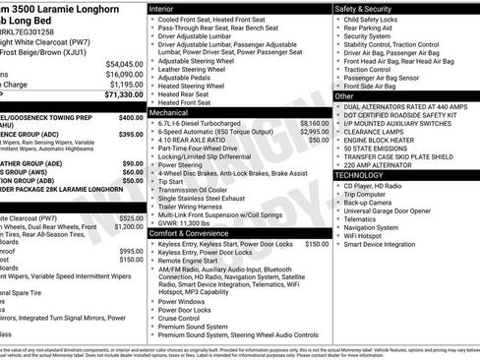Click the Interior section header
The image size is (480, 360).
point(167,8)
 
